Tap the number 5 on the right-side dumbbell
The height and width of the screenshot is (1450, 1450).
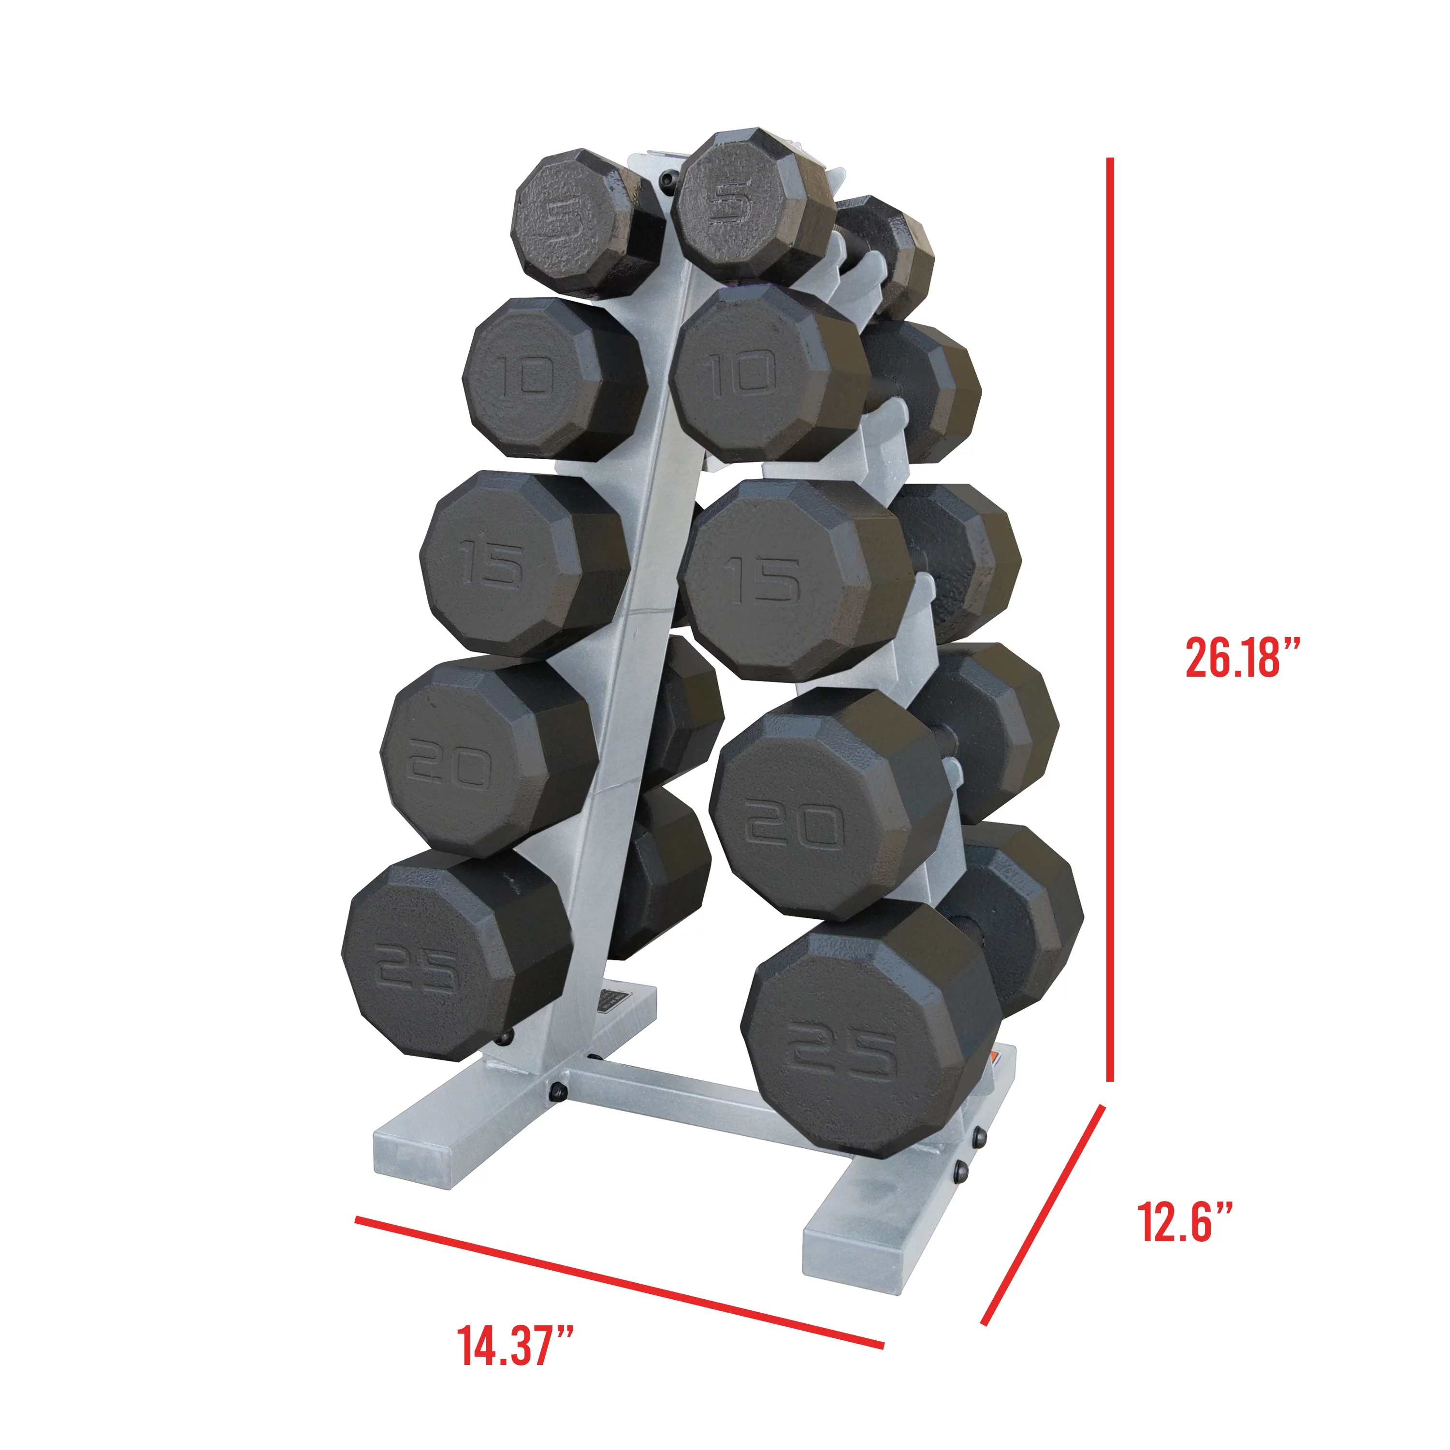[728, 201]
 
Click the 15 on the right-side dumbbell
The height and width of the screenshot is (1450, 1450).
[762, 579]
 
